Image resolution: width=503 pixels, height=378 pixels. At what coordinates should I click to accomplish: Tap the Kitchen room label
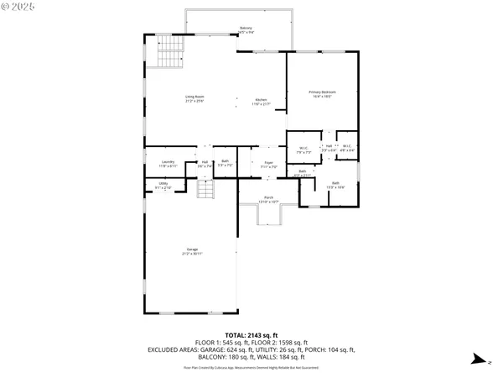click(262, 102)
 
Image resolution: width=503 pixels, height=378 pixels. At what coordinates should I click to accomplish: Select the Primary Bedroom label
click(322, 94)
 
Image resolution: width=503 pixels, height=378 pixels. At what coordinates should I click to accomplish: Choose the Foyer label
click(268, 164)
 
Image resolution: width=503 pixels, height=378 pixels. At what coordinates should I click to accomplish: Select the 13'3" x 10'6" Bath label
click(335, 184)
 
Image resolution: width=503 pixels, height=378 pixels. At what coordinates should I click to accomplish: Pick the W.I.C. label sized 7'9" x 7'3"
click(303, 151)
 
